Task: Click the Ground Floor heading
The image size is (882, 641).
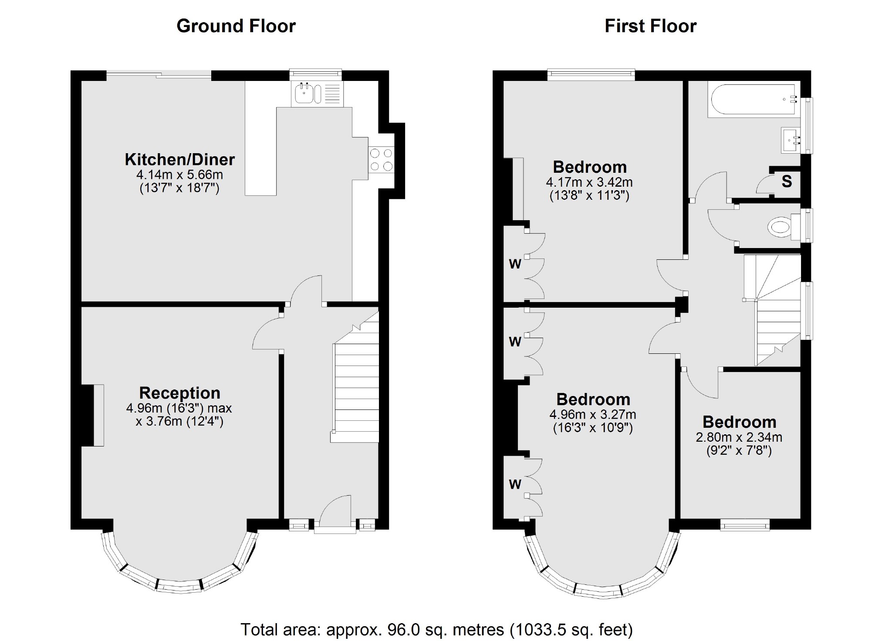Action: [x=236, y=26]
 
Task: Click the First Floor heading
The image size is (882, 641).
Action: [x=650, y=26]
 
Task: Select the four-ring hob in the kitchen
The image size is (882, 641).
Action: [x=381, y=159]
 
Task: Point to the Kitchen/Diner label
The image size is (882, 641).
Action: [x=179, y=160]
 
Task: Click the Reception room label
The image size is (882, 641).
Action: [x=179, y=393]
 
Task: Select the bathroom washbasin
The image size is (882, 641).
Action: [x=791, y=140]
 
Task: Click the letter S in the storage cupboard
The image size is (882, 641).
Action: [x=786, y=181]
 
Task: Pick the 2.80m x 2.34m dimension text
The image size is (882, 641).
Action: [x=739, y=437]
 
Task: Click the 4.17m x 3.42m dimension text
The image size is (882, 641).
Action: [x=589, y=182]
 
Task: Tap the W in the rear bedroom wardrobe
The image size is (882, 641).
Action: [x=515, y=264]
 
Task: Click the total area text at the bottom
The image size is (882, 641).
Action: [x=436, y=629]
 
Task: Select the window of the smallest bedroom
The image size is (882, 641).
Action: [x=745, y=526]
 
